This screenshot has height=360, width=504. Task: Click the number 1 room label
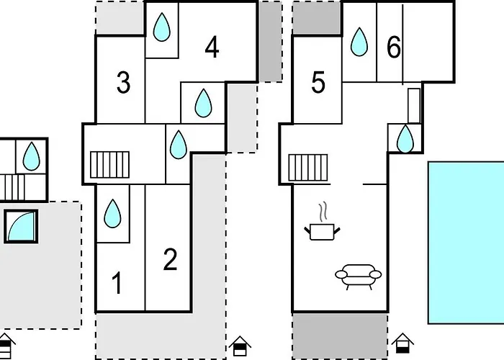pos(118,284)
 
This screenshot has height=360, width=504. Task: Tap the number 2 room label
pos(170,260)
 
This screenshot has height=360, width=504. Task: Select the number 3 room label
pos(123,84)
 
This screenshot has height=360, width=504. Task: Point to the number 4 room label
pos(211,48)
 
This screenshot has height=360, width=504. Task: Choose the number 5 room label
pos(318,84)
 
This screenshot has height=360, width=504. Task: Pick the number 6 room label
pos(393,48)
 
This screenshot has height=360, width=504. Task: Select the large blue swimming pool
pos(466,242)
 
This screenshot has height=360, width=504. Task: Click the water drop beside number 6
pos(359,42)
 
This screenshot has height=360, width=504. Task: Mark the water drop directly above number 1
pos(113,213)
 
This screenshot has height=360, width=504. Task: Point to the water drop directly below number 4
pos(204,103)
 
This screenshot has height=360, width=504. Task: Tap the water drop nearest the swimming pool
pos(406,138)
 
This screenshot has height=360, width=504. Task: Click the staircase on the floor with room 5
pos(308,168)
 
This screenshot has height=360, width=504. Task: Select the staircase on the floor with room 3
pos(109,164)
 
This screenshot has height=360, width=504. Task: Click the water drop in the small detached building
pos(31,154)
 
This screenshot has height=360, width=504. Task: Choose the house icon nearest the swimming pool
pos(402,343)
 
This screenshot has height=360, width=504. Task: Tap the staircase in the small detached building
pos(12,186)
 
